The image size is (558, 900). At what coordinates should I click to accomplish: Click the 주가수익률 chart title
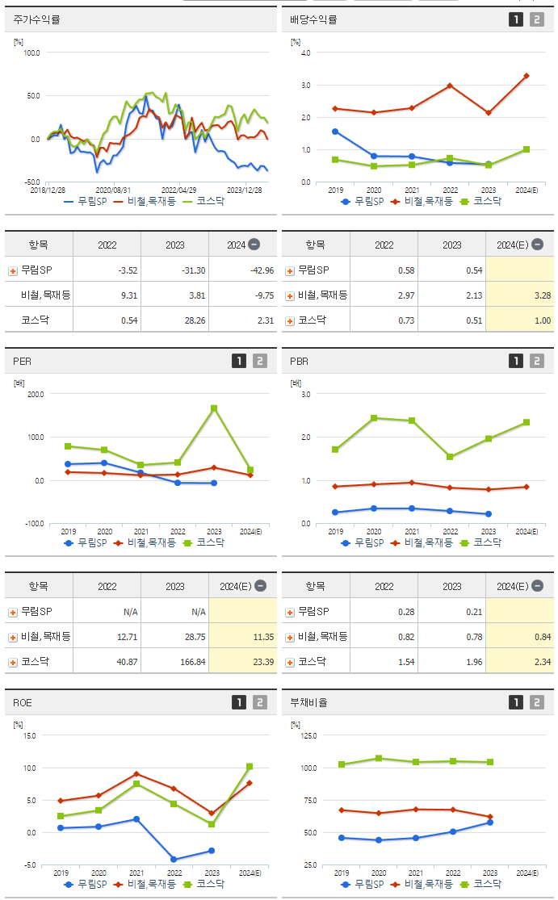coord(37,19)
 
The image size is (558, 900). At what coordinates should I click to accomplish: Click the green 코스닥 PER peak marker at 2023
coord(215,408)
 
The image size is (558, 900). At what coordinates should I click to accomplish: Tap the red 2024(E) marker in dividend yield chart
coord(527,76)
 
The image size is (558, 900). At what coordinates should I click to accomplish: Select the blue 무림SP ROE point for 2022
coord(174,859)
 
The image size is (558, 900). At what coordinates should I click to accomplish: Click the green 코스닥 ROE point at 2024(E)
coord(250,766)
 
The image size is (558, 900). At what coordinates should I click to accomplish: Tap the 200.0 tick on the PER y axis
coord(36,394)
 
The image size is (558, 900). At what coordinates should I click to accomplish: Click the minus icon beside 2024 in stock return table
coord(254,245)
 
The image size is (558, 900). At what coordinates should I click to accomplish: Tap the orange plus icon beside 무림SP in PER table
coord(13,613)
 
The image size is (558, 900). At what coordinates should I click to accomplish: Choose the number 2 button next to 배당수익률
coord(537,19)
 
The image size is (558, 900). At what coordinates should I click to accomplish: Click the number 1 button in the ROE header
coord(238,702)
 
